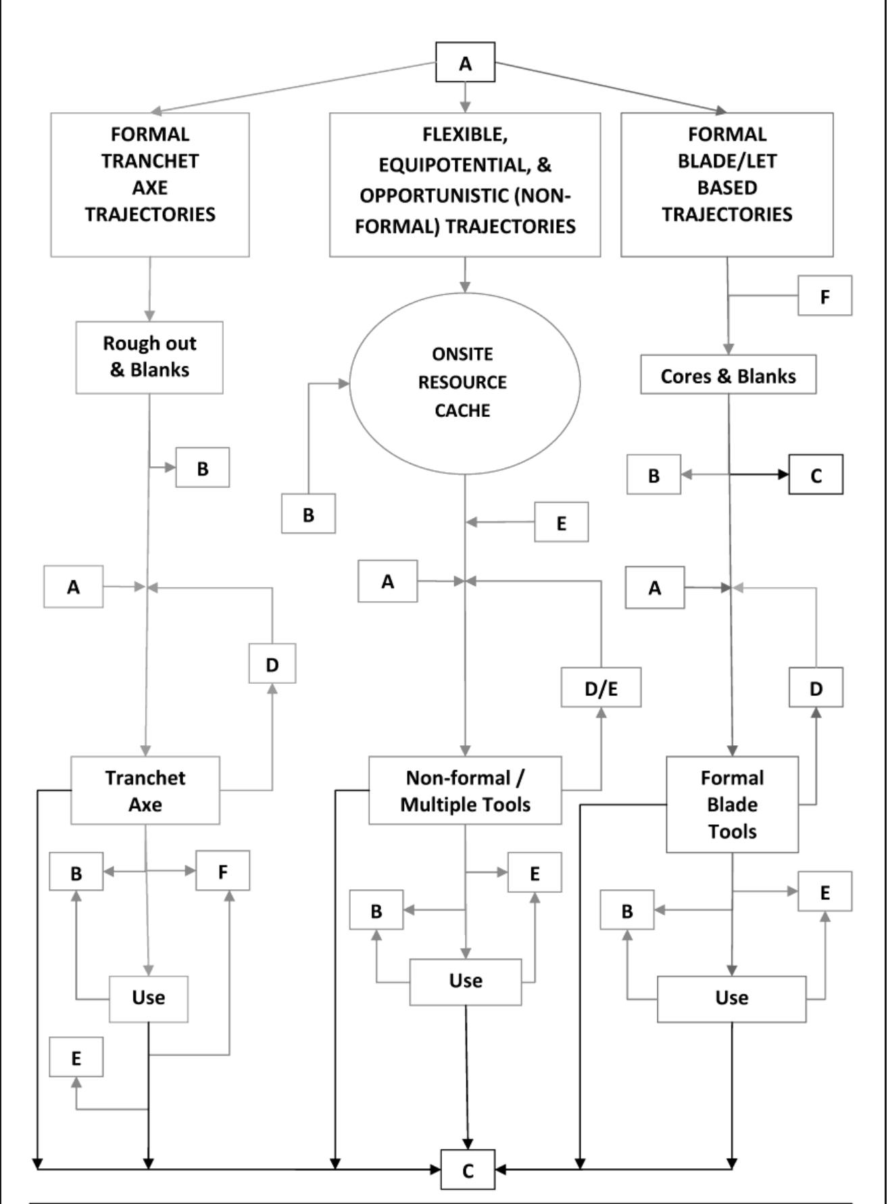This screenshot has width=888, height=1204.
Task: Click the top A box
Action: click(x=465, y=63)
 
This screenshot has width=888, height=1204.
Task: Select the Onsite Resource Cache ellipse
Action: click(x=464, y=382)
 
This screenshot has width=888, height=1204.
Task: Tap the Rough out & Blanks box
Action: click(x=149, y=357)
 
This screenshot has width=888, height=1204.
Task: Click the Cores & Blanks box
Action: click(x=728, y=376)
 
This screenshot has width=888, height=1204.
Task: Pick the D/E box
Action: click(x=601, y=688)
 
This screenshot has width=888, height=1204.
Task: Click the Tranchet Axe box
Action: click(x=145, y=791)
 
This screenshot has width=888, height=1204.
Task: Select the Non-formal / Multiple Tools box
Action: click(x=465, y=791)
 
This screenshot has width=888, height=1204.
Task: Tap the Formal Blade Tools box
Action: click(x=732, y=804)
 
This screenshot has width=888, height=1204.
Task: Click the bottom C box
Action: click(x=468, y=1170)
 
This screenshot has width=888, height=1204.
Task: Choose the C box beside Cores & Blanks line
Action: click(x=816, y=475)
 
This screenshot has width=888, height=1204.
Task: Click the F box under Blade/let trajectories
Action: click(x=824, y=296)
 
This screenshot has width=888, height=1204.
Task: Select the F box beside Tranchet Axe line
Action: click(x=222, y=871)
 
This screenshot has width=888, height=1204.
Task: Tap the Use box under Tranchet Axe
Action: click(x=149, y=998)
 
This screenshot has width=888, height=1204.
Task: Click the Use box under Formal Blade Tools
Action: click(x=731, y=999)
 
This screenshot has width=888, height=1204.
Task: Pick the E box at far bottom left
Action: click(x=76, y=1057)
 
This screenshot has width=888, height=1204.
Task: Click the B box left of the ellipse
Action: click(x=308, y=514)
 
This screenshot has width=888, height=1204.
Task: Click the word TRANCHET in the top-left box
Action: click(x=150, y=161)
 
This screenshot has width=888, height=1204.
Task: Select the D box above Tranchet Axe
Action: click(x=272, y=664)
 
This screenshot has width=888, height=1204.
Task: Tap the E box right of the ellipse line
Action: click(x=561, y=522)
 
